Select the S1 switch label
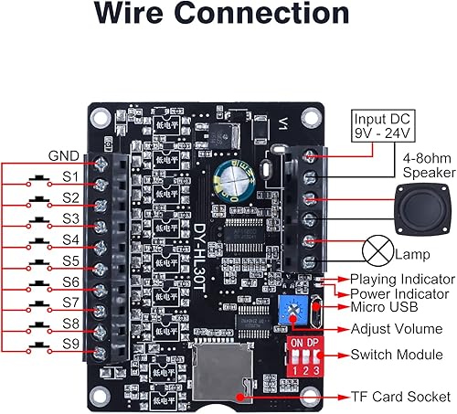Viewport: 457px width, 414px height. (x=71, y=175)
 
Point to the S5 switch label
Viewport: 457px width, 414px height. (x=71, y=260)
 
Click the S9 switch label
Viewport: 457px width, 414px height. (x=71, y=346)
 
